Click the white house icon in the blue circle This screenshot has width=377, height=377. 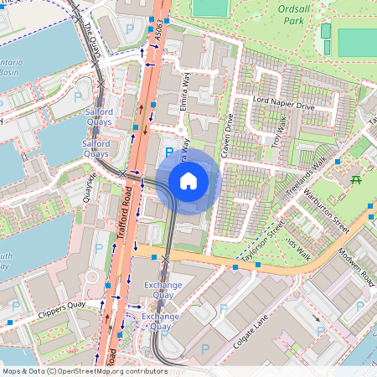pyautogui.click(x=188, y=180)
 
